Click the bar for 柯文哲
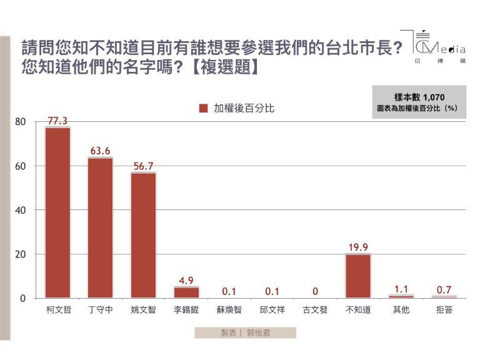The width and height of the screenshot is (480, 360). (57, 212)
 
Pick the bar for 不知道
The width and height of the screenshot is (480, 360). (357, 276)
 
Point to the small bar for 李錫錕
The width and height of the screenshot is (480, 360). (186, 292)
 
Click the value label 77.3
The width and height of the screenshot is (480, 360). (57, 120)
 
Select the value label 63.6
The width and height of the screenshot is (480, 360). (100, 151)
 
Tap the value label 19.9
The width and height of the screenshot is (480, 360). (357, 247)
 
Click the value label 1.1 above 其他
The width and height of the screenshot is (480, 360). (401, 288)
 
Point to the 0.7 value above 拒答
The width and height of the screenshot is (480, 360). (443, 289)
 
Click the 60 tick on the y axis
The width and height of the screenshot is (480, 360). (21, 166)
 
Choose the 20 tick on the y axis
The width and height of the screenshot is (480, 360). (21, 254)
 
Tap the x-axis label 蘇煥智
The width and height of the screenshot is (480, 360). (229, 310)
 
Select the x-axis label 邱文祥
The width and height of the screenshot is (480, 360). (272, 310)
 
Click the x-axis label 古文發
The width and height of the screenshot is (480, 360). (314, 310)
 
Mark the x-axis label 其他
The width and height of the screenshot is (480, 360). (401, 310)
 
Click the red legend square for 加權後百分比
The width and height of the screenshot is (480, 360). (203, 108)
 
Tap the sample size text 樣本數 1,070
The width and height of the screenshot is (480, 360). (419, 97)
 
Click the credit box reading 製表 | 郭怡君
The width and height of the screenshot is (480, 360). (245, 333)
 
